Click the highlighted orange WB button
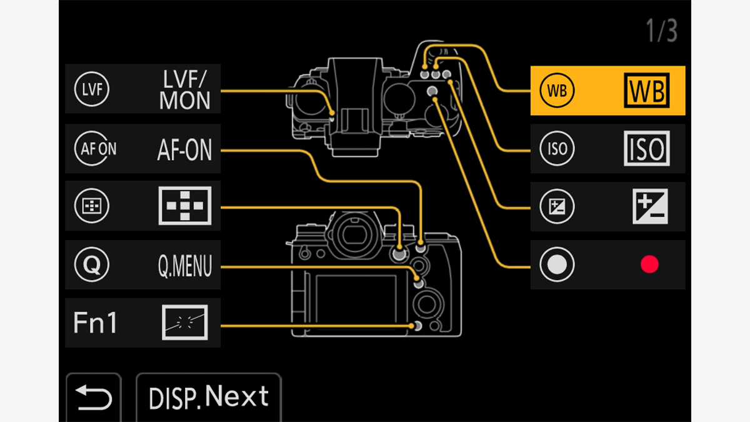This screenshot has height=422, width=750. [x=607, y=91]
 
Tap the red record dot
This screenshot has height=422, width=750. [x=649, y=264]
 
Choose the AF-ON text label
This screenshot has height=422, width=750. [x=184, y=149]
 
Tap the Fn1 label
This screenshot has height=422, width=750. [x=95, y=323]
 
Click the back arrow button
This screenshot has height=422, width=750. [x=94, y=397]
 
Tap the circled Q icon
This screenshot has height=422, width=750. [x=91, y=265]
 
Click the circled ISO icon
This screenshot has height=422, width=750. [x=556, y=149]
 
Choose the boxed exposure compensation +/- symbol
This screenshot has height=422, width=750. [x=650, y=207]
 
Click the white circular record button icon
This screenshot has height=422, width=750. [x=556, y=265]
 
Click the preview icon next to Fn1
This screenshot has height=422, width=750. [x=184, y=323]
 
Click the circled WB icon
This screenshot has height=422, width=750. [x=556, y=91]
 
